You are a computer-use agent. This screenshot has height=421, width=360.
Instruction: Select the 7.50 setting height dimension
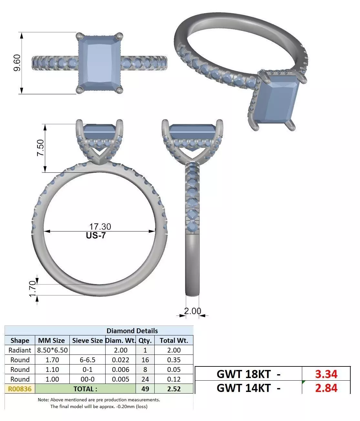[40, 148]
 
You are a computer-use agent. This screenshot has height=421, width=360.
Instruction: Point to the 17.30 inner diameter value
[100, 227]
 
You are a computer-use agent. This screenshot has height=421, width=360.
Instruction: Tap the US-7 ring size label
[96, 235]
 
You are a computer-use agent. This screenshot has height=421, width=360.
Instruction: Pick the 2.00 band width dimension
[192, 311]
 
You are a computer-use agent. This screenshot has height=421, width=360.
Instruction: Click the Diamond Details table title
[132, 331]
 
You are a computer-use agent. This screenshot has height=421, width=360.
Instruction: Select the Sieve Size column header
[87, 340]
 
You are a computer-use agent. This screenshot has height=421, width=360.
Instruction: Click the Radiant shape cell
[20, 350]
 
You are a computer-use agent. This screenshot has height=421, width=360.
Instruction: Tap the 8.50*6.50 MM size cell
[52, 350]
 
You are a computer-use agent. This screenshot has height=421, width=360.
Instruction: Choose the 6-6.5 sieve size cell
[87, 360]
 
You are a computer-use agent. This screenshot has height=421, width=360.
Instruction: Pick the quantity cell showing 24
[145, 379]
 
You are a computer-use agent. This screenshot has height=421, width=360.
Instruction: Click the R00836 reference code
[20, 389]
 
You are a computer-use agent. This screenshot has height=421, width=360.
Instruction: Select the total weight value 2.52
[174, 389]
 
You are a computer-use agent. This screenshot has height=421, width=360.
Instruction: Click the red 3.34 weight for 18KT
[326, 374]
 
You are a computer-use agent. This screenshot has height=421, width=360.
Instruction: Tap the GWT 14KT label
[248, 388]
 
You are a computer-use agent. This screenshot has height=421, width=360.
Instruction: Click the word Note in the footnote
[43, 400]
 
